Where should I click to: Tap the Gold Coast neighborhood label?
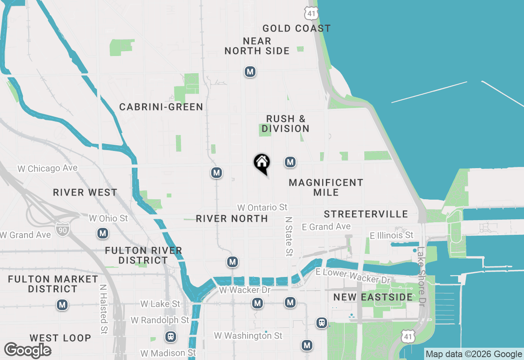(x=296, y=28)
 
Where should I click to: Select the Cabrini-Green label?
(x=161, y=107)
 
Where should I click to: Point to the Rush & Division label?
(x=285, y=124)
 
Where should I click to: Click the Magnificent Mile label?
(x=326, y=187)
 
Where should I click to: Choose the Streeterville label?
(x=366, y=214)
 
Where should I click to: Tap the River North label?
(x=232, y=218)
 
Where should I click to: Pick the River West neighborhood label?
(x=85, y=192)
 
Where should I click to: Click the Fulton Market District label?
(x=53, y=284)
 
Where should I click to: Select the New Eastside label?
(x=373, y=297)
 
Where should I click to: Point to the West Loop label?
(x=60, y=338)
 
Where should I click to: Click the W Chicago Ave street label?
(x=47, y=169)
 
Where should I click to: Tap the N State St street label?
(x=289, y=236)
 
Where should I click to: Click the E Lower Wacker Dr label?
(x=353, y=276)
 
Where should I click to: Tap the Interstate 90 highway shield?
(x=63, y=228)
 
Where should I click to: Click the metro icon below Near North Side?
(x=250, y=72)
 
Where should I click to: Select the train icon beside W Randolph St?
(x=171, y=337)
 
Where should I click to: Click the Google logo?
(x=28, y=350)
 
